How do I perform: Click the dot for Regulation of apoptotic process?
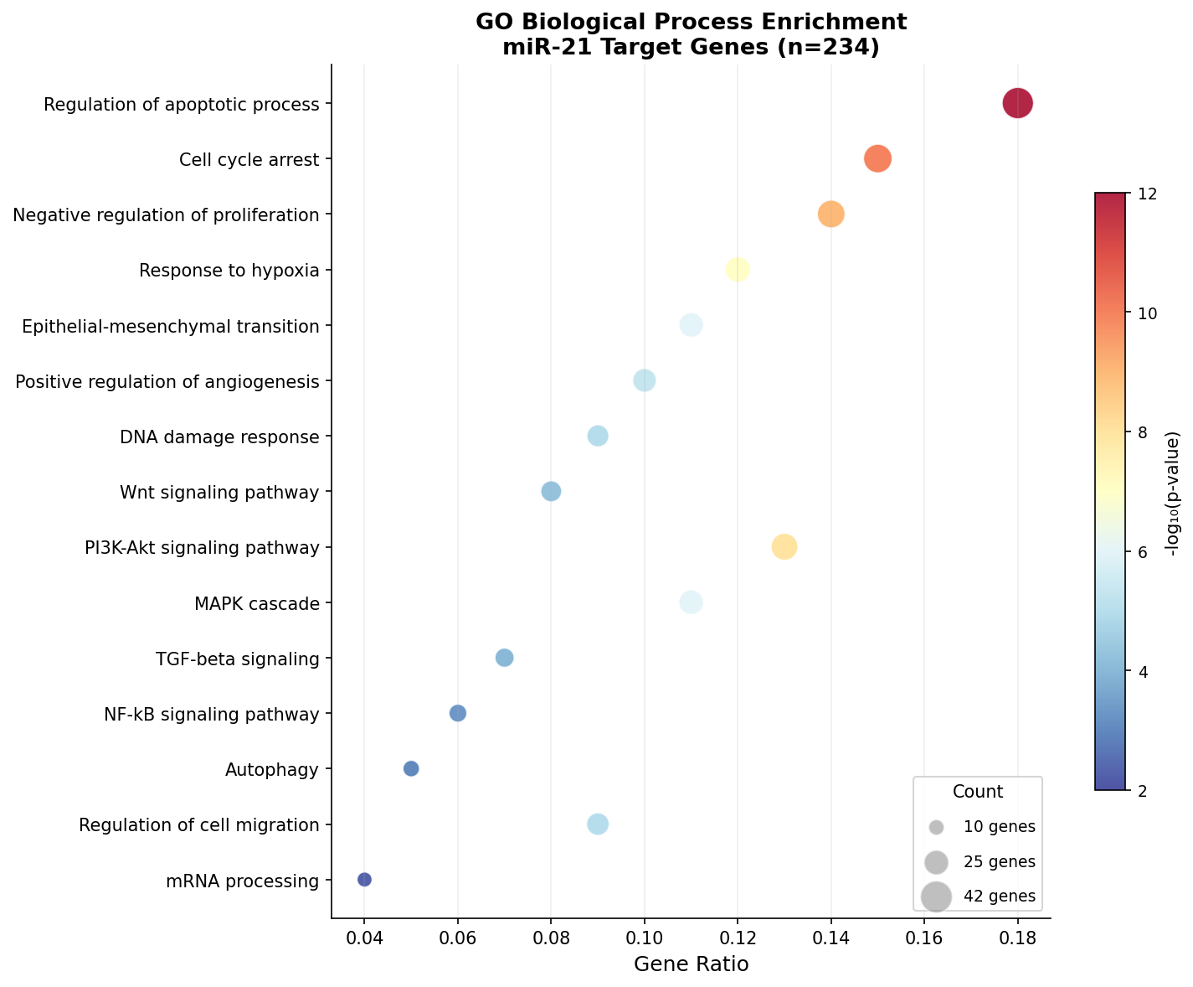[1017, 104]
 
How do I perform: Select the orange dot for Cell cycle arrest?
[877, 158]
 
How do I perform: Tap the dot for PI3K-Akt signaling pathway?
[784, 547]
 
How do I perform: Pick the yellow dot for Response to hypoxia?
[737, 270]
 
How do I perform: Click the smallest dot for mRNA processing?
[364, 879]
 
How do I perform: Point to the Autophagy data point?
[411, 768]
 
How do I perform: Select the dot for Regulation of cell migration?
[597, 824]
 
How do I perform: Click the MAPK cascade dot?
[691, 602]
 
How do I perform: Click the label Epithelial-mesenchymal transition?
[171, 326]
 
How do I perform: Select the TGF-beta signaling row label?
[238, 659]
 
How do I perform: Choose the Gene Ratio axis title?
[691, 964]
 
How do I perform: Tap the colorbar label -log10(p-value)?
[1173, 493]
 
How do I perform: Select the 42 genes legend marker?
[936, 896]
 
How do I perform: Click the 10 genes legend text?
[999, 826]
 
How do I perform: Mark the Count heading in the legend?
[977, 792]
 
